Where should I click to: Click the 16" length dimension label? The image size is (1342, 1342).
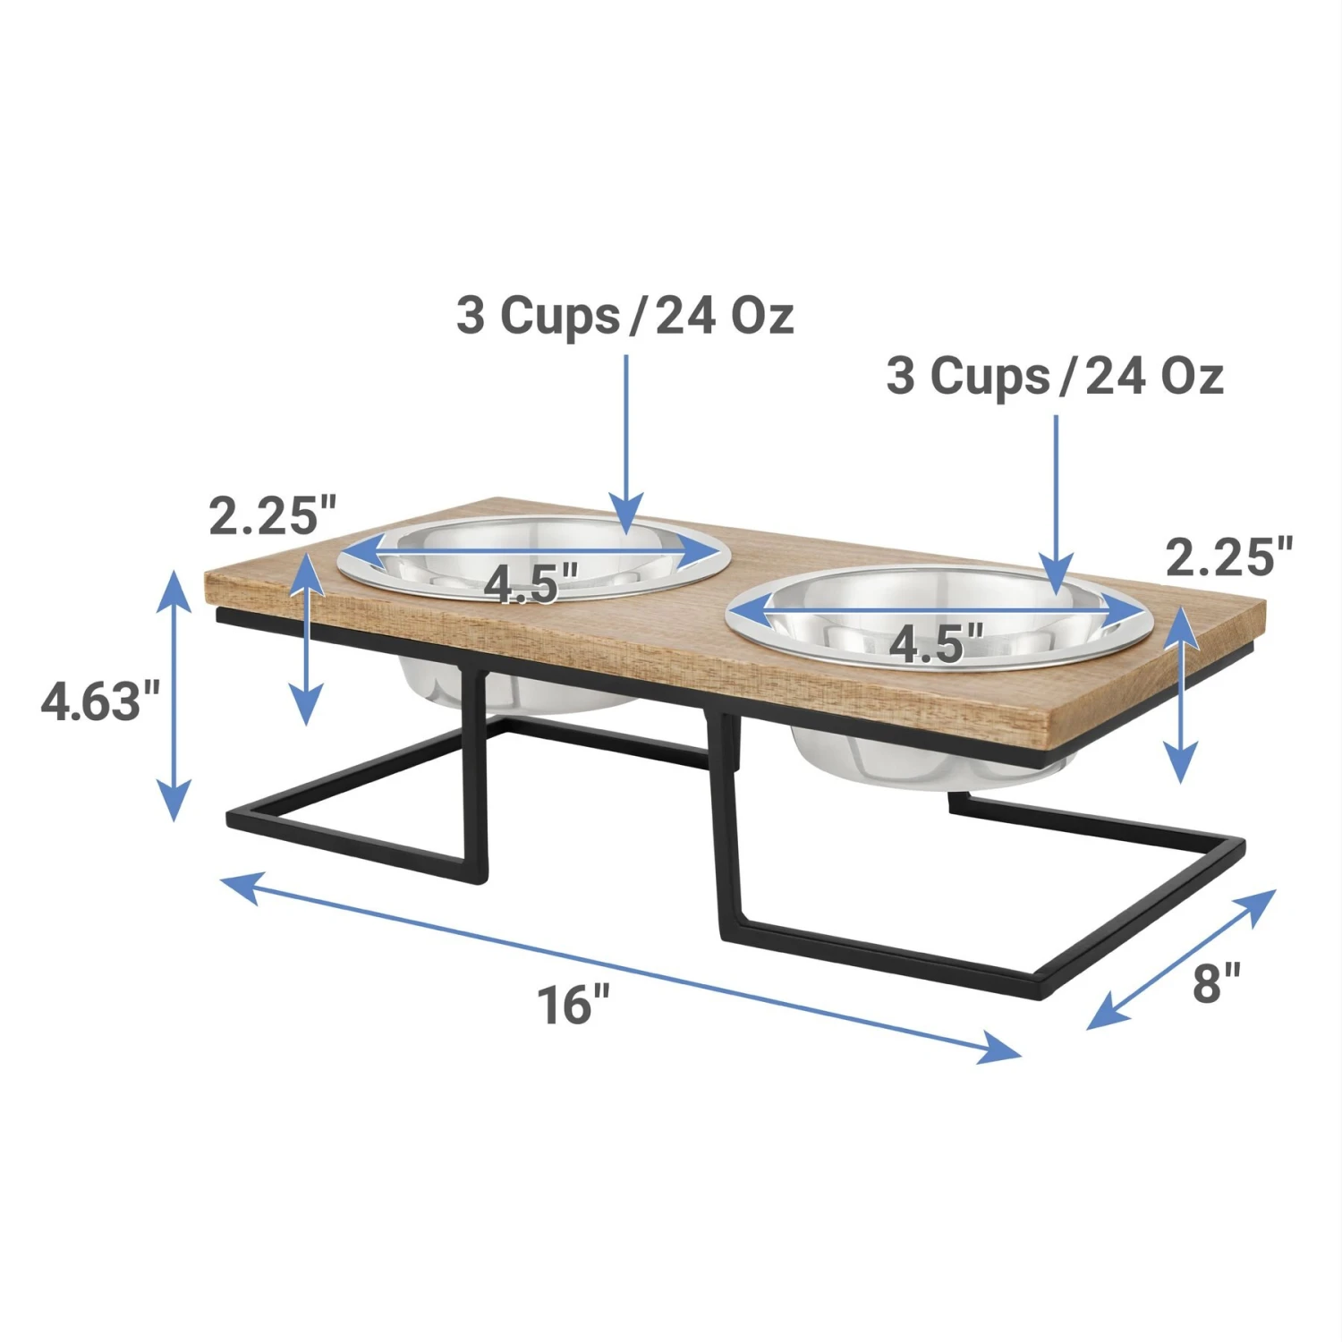[573, 1004]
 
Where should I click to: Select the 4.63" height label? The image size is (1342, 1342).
[100, 701]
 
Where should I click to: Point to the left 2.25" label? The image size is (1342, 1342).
[272, 515]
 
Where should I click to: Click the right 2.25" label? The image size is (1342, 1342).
[1229, 556]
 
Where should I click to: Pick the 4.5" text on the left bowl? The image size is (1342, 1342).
[531, 583]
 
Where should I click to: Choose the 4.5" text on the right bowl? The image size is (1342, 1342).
[936, 642]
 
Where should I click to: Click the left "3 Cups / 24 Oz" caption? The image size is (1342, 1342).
[624, 315]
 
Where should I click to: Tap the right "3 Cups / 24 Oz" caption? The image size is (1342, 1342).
[1054, 376]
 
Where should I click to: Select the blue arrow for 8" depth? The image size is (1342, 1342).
[1181, 958]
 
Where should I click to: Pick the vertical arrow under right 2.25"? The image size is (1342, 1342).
[1182, 694]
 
